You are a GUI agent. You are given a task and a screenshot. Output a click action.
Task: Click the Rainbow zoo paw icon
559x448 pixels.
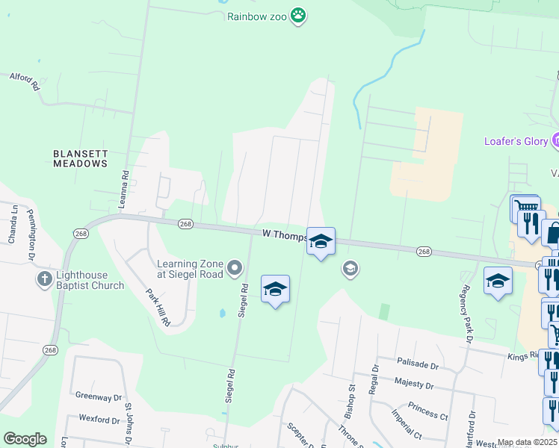point(299,15)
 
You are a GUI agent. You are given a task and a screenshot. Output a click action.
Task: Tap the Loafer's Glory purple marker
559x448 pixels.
point(555,140)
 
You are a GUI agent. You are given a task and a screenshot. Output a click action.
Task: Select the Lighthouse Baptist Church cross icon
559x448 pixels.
point(45,280)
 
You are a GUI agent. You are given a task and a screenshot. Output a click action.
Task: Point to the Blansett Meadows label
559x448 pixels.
point(80,158)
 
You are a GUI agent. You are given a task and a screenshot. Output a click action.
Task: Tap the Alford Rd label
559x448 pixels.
point(24,81)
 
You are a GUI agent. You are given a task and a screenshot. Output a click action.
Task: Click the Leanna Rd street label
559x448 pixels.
point(125,189)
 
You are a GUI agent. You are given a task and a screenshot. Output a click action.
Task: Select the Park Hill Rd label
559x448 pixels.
point(158,306)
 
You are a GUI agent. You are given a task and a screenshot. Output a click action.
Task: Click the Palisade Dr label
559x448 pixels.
point(417,365)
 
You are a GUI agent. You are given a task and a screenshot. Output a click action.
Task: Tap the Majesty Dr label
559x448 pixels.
point(413,385)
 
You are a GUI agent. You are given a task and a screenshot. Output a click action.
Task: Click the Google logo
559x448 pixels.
point(25,439)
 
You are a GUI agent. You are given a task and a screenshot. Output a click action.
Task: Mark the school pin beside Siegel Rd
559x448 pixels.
point(275,290)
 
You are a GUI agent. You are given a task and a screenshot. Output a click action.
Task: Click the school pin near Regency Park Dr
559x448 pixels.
point(498,281)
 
